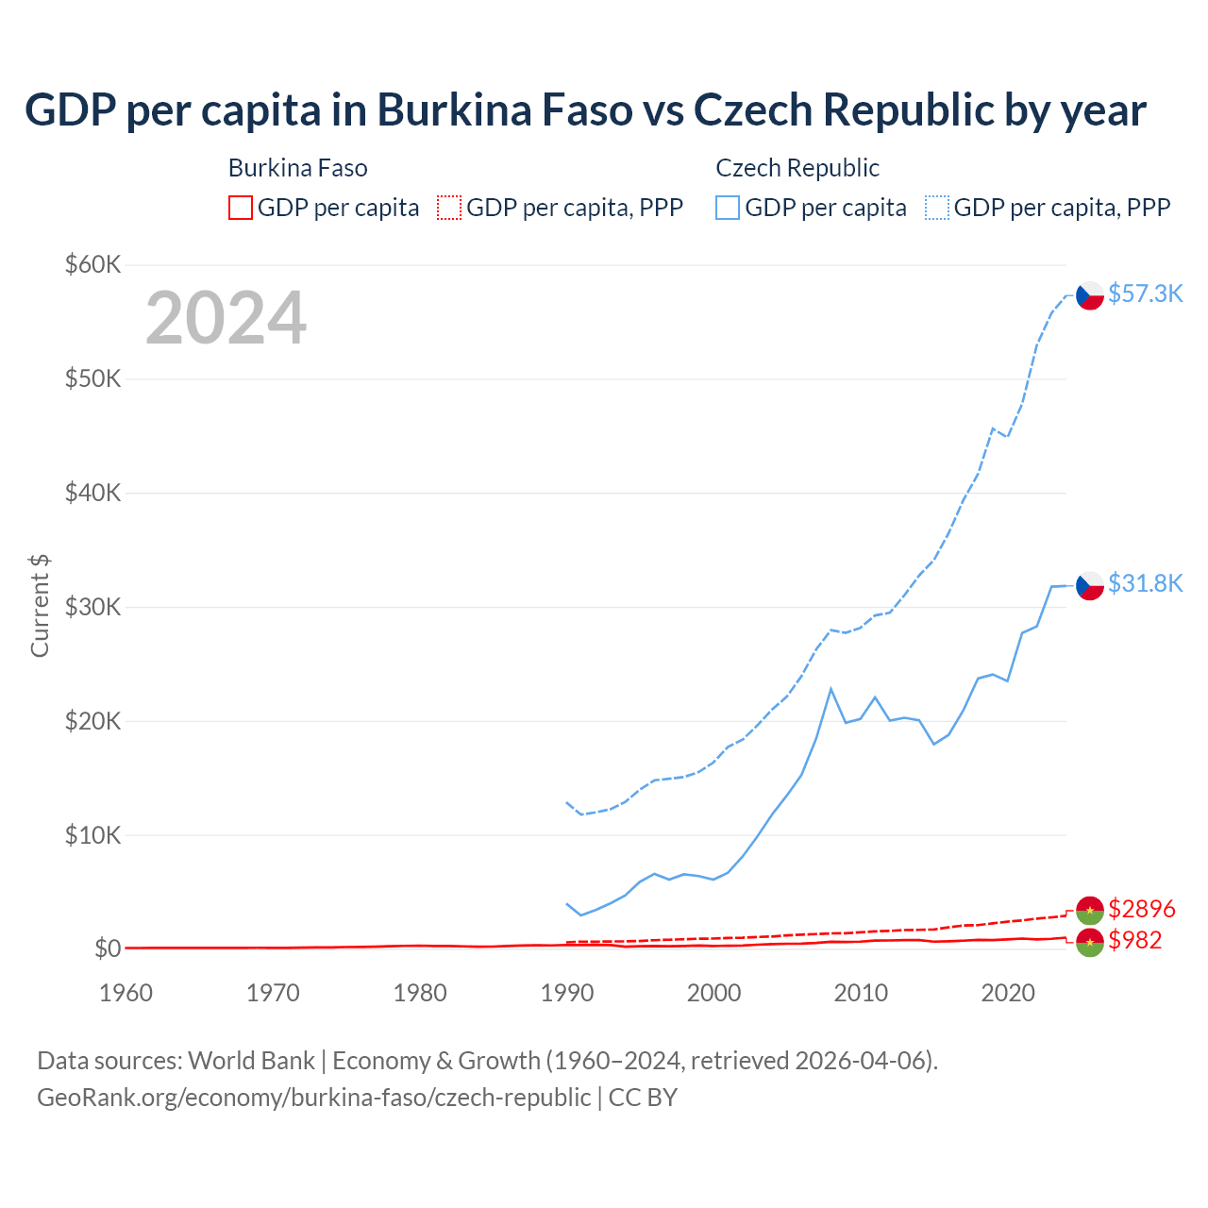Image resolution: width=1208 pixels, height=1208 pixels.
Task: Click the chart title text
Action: tap(585, 110)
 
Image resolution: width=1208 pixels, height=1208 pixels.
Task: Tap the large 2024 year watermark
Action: tap(226, 318)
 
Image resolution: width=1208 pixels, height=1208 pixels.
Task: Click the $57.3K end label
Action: tap(1145, 294)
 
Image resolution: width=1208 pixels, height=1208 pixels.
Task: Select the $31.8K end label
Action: tap(1145, 583)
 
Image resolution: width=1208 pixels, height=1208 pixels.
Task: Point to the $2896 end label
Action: tap(1142, 909)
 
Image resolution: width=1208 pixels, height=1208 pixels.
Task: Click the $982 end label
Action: tap(1135, 940)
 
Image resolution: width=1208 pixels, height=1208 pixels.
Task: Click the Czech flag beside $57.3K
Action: tap(1090, 295)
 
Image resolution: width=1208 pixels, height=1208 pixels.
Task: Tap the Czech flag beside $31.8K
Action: tap(1090, 585)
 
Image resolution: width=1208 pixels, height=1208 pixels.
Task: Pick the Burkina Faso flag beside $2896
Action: tap(1090, 910)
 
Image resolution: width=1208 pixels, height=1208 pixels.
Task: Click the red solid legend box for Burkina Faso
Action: tap(241, 208)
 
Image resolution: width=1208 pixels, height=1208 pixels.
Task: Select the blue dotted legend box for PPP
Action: tap(937, 208)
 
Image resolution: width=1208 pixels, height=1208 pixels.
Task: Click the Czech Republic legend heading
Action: tap(797, 168)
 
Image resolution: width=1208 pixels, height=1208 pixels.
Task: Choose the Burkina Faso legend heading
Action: tap(298, 168)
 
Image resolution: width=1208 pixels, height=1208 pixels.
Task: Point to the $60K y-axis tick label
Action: tap(92, 264)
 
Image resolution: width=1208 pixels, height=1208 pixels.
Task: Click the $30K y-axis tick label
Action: tap(92, 607)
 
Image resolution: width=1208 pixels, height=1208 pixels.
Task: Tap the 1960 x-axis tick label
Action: tap(126, 993)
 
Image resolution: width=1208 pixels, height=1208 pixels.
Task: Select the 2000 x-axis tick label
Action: tap(713, 993)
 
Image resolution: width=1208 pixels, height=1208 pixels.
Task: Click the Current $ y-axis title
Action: tap(40, 606)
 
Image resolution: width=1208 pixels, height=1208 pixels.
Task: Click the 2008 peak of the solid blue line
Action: tap(830, 689)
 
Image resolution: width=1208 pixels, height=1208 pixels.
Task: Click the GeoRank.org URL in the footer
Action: tap(313, 1098)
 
